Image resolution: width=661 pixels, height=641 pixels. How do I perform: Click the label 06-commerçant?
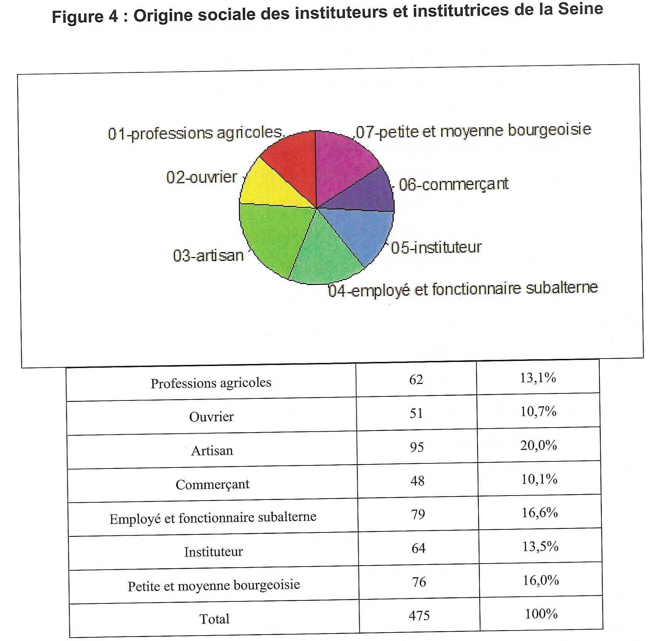(x=453, y=185)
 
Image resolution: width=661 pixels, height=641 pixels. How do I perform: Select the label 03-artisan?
(x=208, y=255)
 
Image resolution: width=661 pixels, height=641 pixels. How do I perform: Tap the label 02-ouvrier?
(x=202, y=177)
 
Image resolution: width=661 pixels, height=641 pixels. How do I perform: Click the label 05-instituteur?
(x=436, y=248)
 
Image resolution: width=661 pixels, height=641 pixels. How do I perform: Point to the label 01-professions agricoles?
(x=195, y=133)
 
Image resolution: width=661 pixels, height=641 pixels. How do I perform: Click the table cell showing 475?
(x=419, y=615)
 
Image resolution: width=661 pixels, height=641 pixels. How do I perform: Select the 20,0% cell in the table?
(x=539, y=445)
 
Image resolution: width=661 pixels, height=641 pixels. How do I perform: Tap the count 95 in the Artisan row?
(x=417, y=447)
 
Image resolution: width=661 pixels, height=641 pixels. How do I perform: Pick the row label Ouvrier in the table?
(x=211, y=417)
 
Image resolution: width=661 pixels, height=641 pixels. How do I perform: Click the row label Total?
(x=214, y=619)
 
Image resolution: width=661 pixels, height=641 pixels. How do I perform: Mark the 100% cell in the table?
(x=541, y=614)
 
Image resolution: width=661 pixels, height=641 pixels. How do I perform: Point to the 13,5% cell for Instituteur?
(x=540, y=547)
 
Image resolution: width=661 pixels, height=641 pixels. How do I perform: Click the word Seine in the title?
(x=580, y=9)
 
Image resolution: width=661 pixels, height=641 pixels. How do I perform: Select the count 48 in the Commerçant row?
(x=417, y=481)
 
